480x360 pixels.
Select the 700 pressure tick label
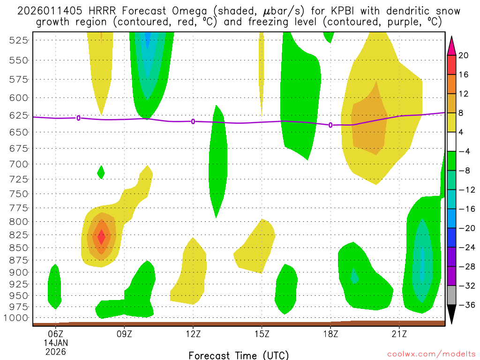click(x=19, y=164)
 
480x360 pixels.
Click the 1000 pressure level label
click(x=17, y=318)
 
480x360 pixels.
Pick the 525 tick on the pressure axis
click(x=19, y=40)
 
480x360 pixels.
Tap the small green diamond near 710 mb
click(x=101, y=172)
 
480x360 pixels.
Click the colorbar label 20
click(x=464, y=55)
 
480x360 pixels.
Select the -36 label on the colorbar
click(x=465, y=305)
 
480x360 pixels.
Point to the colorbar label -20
click(x=465, y=228)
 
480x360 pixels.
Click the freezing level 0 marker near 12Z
click(x=193, y=121)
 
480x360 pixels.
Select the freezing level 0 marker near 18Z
click(x=330, y=125)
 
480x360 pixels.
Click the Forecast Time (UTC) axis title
click(x=239, y=355)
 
